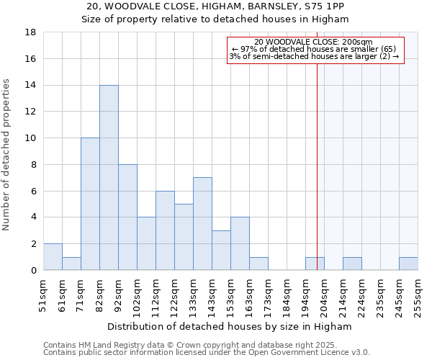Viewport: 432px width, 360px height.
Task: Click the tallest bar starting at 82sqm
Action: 109,177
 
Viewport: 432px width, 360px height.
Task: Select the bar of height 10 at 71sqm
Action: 90,204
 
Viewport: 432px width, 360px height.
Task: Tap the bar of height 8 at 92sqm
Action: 127,217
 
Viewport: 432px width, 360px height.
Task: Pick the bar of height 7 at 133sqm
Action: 202,223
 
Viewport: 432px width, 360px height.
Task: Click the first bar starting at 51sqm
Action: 53,257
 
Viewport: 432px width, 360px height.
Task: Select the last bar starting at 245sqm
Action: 408,264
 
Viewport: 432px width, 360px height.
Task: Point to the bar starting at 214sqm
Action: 352,264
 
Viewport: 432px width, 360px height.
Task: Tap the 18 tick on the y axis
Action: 32,32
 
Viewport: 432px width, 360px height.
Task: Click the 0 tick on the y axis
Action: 34,270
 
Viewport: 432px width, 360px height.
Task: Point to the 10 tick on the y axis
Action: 32,138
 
